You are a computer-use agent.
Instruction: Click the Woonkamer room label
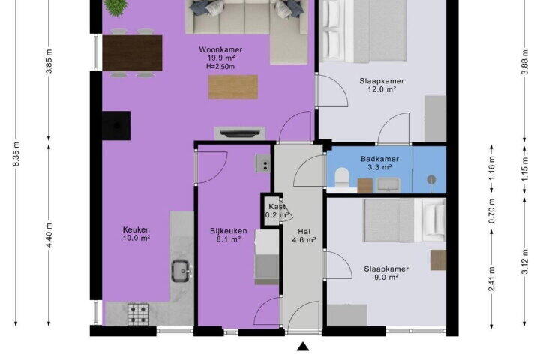point(220,49)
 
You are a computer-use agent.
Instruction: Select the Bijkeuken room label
point(228,231)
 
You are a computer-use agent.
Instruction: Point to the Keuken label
point(136,229)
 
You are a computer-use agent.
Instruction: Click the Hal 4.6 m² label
point(304,235)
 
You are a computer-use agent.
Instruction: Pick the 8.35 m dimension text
point(16,153)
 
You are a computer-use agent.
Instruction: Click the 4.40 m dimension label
point(49,235)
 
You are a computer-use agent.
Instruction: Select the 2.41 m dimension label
point(492,279)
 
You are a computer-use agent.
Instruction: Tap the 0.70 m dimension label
point(492,211)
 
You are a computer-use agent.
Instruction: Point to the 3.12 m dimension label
point(524,261)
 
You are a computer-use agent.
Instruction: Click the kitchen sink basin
point(181,271)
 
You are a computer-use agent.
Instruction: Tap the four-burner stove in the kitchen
point(138,314)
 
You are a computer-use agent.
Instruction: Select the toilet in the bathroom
point(342,177)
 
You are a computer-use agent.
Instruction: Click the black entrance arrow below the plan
point(303,346)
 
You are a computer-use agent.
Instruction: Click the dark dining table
point(132,53)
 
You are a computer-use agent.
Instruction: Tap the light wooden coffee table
point(233,87)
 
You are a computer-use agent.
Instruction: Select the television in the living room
point(240,133)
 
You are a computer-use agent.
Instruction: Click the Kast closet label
point(277,207)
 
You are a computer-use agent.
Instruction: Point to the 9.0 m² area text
point(386,277)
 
